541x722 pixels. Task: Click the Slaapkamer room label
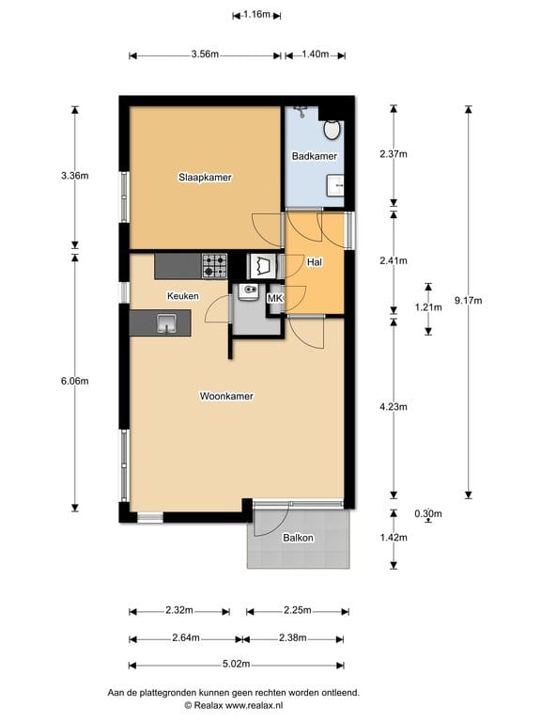[x=205, y=178]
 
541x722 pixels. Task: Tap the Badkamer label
[x=315, y=156]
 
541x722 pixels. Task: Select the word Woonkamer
[x=226, y=396]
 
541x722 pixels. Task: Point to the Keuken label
[x=183, y=296]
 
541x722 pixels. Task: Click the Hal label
[x=315, y=262]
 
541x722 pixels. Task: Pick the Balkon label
[x=298, y=538]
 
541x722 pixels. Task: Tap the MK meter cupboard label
[x=275, y=298]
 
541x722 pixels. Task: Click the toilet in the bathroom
[x=332, y=130]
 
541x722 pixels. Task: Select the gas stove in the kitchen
[x=214, y=266]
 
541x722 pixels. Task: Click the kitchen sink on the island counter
[x=166, y=322]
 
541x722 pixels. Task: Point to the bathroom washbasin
[x=335, y=185]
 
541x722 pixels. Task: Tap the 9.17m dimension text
[x=469, y=301]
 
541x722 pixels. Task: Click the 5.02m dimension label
[x=237, y=664]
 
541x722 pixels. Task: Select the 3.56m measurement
[x=205, y=54]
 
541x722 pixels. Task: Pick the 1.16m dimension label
[x=256, y=14]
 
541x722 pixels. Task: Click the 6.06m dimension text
[x=75, y=382]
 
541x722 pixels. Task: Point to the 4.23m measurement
[x=394, y=407]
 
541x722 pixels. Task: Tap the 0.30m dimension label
[x=428, y=513]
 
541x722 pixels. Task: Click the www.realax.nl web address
[x=254, y=705]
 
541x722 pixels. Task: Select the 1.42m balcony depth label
[x=394, y=538]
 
